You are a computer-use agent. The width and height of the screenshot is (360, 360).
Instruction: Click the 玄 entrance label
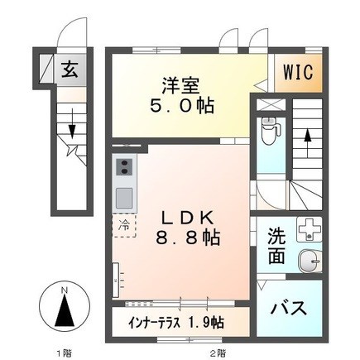[70, 70]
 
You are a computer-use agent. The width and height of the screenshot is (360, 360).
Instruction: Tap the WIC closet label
[299, 72]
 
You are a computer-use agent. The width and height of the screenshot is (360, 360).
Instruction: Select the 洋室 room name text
[180, 86]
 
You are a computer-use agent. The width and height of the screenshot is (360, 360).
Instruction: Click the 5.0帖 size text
[182, 105]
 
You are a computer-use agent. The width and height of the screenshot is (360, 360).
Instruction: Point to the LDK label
[188, 218]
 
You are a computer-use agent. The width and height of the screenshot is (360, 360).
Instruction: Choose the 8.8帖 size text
[188, 238]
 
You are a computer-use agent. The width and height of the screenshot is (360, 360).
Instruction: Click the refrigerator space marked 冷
[124, 226]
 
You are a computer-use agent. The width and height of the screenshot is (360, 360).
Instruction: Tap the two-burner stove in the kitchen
[124, 167]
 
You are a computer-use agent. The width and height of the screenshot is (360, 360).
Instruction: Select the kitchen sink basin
[124, 198]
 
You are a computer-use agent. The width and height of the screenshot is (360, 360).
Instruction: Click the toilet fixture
[271, 130]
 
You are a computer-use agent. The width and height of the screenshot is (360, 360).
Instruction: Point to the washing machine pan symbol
[310, 229]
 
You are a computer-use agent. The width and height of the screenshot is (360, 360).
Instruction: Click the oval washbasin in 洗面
[310, 261]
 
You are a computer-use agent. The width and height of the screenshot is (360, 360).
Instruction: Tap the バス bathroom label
[289, 308]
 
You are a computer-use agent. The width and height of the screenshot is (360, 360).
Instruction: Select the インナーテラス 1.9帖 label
[176, 322]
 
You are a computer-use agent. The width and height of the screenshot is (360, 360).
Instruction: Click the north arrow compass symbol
[65, 308]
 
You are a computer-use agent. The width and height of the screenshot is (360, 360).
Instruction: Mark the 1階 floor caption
[65, 353]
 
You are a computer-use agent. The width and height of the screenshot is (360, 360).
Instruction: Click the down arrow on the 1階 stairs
[72, 123]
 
